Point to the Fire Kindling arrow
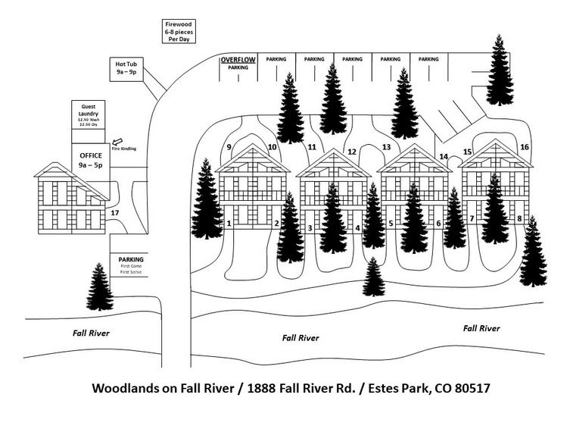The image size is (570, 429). click(117, 142)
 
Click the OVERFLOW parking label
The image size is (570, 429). click(238, 59)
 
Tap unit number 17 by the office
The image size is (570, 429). click(115, 213)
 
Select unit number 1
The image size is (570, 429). click(229, 224)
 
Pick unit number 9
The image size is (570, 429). click(228, 147)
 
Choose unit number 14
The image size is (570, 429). click(444, 157)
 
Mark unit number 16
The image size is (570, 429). click(525, 147)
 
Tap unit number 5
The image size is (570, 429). click(391, 224)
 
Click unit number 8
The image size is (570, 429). click(519, 219)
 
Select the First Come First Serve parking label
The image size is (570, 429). click(131, 265)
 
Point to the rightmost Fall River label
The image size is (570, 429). click(481, 328)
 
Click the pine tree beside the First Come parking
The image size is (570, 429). click(98, 287)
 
